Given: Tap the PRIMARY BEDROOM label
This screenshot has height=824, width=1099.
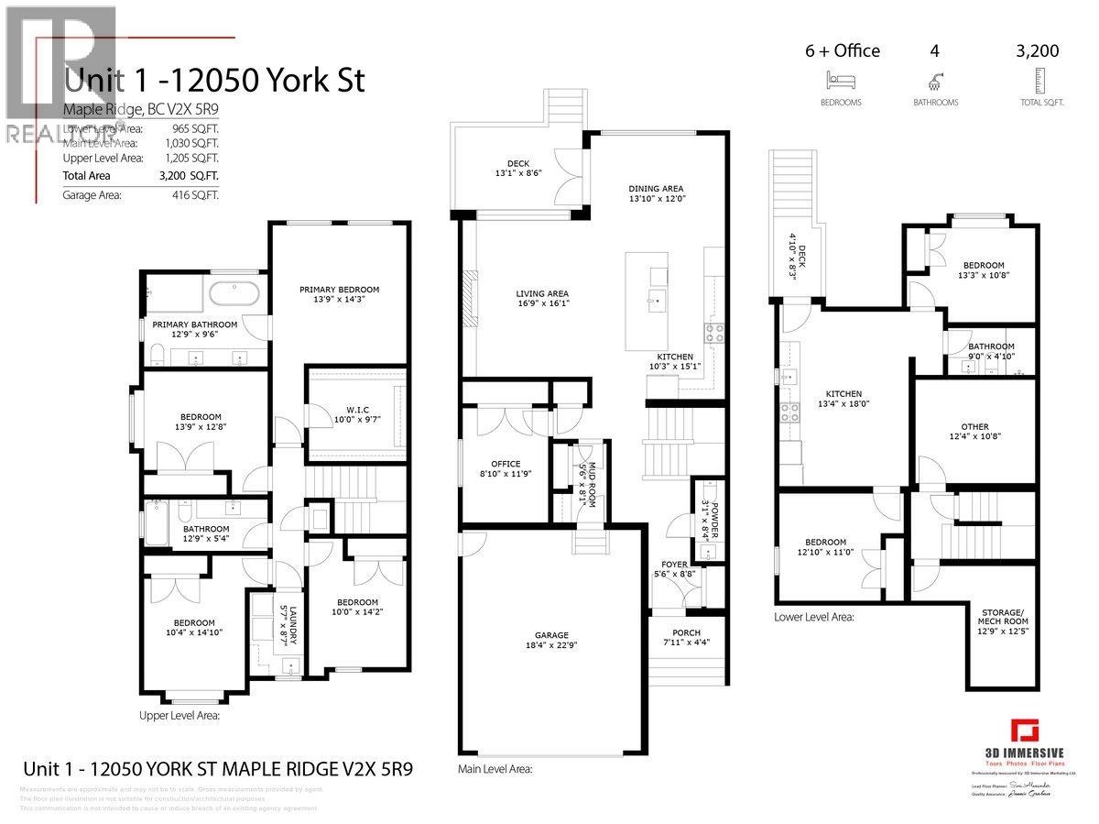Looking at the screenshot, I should [x=339, y=290].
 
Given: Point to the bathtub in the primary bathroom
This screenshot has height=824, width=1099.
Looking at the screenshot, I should [x=234, y=294].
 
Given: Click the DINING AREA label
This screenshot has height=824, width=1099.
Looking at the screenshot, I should [x=657, y=188].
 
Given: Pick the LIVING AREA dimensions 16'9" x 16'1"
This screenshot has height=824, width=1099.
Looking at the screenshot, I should [x=542, y=303].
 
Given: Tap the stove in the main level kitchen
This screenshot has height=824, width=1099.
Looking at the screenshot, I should [x=713, y=332].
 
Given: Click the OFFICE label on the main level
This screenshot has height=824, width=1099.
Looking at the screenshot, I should [x=505, y=464].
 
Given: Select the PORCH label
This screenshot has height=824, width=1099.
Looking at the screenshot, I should [x=679, y=632].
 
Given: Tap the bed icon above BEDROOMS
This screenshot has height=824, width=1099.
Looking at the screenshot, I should [x=840, y=79].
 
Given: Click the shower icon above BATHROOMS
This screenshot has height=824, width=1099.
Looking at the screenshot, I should [x=934, y=79].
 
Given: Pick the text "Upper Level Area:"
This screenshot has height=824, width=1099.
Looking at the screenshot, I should [x=180, y=716].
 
